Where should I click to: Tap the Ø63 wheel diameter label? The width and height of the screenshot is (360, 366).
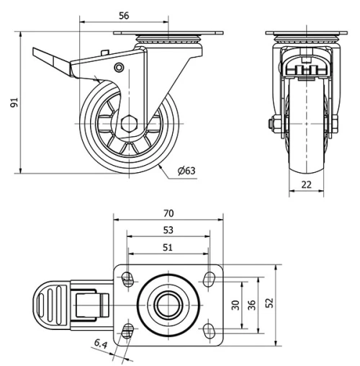coord(186,171)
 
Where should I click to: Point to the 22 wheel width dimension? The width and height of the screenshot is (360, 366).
coord(306,184)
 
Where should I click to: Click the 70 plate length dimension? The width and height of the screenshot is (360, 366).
coord(168,213)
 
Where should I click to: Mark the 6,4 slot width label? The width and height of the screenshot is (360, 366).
coord(100,346)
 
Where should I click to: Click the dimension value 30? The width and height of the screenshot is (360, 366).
coord(235,305)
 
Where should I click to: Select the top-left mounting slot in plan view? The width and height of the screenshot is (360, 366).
coord(128,278)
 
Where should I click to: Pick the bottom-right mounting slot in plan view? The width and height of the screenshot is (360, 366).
coord(210,329)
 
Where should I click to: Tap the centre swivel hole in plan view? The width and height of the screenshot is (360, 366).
coord(168,303)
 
